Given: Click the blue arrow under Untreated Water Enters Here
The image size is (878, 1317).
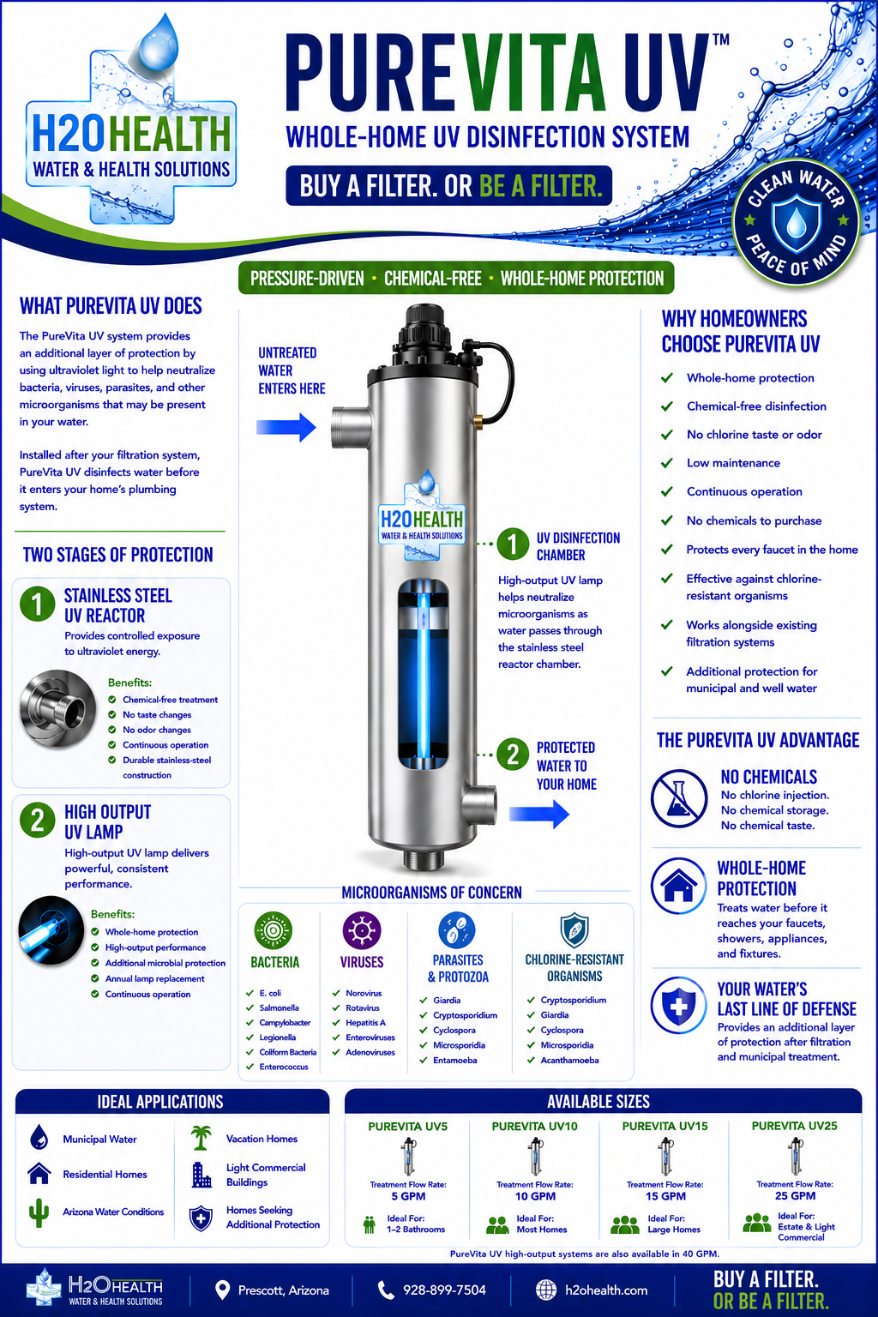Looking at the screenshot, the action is click(286, 428).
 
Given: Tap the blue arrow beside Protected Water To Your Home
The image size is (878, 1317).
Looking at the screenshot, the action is click(539, 814).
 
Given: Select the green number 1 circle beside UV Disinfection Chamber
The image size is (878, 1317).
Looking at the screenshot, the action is click(512, 544).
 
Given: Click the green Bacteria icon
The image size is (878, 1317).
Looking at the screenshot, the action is click(273, 930).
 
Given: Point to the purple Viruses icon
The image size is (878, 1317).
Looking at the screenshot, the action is click(361, 930).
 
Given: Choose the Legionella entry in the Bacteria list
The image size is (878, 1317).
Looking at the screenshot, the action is click(278, 1037).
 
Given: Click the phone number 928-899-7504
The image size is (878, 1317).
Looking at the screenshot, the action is click(445, 1290).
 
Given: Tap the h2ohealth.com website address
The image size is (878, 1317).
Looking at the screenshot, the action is click(606, 1290).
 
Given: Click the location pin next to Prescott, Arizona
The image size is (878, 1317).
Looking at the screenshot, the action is click(222, 1290).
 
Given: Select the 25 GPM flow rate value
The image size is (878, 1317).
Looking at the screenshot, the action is click(795, 1196).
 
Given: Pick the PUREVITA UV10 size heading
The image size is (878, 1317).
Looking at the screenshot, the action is click(534, 1126).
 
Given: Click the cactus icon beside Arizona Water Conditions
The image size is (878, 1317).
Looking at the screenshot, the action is click(39, 1212).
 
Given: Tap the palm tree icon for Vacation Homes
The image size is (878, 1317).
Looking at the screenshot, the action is click(201, 1138).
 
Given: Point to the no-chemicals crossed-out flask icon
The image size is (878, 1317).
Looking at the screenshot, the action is click(678, 798).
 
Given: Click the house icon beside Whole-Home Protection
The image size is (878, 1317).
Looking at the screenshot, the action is click(678, 886).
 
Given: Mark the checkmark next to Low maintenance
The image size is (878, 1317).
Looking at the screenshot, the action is click(667, 463).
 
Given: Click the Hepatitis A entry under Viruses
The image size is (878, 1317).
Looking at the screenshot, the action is click(365, 1022).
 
